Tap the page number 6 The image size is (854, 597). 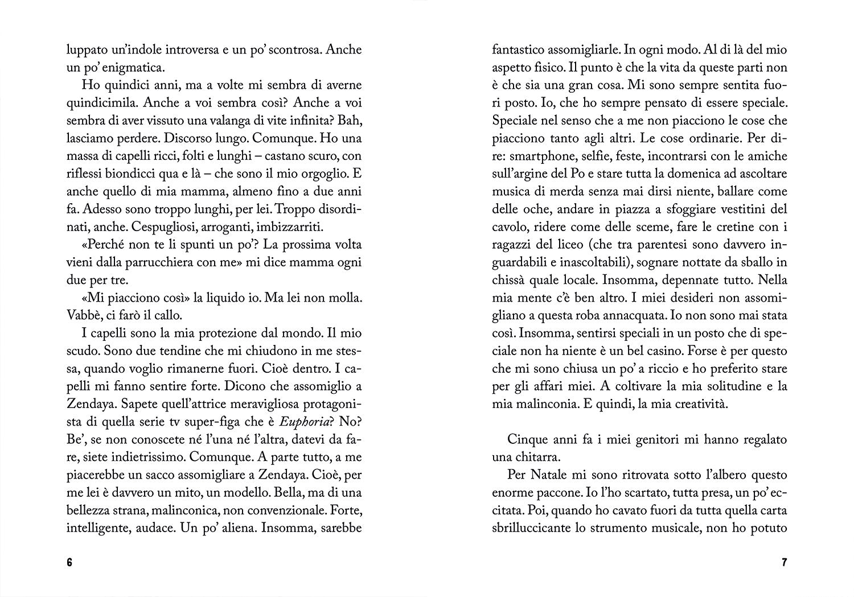pos(70,563)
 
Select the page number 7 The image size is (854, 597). pos(784,563)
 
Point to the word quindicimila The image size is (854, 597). pos(101,102)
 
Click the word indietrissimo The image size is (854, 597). pos(134,457)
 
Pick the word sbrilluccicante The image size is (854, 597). pos(531,528)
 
